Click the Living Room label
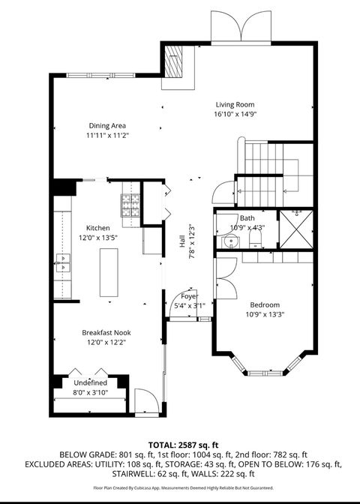click(235, 104)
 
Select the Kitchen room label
click(97, 228)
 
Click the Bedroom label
click(265, 304)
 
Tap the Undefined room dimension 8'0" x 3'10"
click(91, 391)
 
